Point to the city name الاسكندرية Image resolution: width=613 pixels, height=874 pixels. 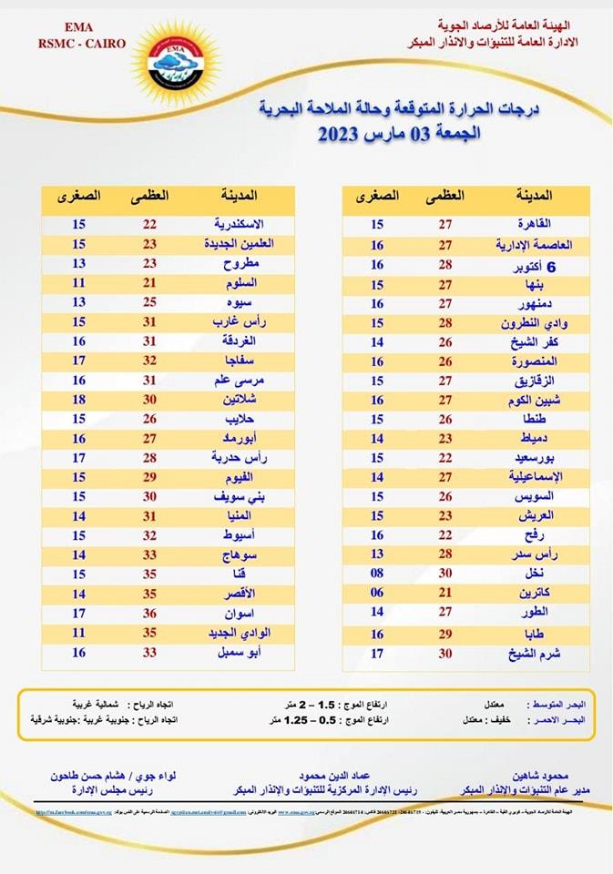pyautogui.click(x=239, y=223)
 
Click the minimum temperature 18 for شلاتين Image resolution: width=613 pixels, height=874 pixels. pyautogui.click(x=78, y=400)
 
